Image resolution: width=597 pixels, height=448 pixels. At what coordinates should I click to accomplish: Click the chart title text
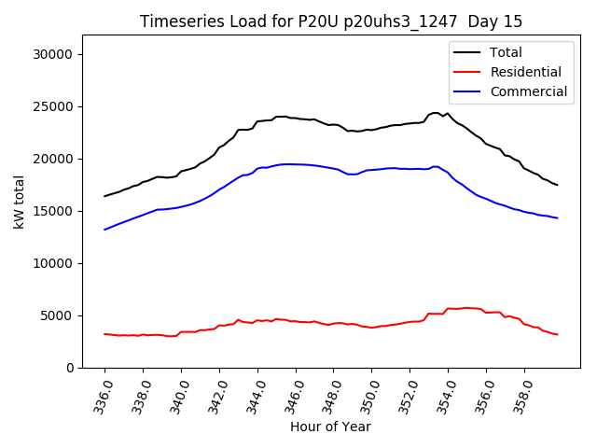click(331, 21)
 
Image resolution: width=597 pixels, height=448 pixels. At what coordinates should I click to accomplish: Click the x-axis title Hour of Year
click(330, 427)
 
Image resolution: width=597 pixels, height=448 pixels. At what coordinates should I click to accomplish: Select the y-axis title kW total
click(19, 201)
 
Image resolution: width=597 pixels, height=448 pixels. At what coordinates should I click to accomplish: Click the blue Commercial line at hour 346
click(296, 164)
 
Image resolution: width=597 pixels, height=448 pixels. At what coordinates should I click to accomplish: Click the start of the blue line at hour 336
click(104, 230)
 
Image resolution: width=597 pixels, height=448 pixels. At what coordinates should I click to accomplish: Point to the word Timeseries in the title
click(178, 21)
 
